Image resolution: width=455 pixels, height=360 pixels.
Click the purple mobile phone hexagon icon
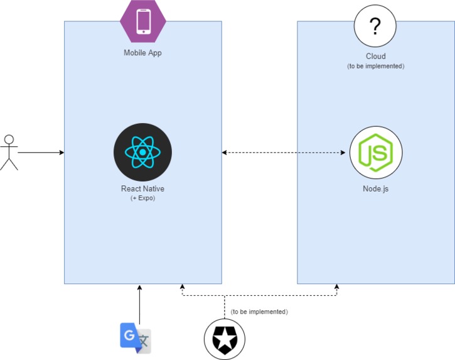[143, 21]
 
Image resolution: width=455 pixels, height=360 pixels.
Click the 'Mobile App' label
[142, 53]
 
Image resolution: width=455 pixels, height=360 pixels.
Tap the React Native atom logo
[142, 152]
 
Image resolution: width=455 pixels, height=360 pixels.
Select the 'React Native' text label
[142, 188]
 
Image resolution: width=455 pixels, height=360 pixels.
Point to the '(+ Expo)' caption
[142, 198]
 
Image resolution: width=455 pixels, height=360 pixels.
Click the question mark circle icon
[375, 26]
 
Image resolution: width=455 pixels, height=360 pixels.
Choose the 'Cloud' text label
[375, 57]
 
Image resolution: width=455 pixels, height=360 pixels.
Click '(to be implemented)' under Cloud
[375, 66]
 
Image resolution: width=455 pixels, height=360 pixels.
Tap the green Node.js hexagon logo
[375, 153]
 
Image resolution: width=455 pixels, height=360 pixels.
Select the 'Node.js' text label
[375, 188]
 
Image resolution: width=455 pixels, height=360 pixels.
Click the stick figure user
[9, 152]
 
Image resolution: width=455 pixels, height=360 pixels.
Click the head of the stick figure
[9, 139]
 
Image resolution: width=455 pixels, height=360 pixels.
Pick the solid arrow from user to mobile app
[41, 153]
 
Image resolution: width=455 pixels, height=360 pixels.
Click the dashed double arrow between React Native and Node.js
[286, 153]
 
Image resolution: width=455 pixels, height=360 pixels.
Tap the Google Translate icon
[136, 337]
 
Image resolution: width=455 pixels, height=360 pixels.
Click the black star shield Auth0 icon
[224, 340]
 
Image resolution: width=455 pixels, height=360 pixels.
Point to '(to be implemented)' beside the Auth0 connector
[259, 312]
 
